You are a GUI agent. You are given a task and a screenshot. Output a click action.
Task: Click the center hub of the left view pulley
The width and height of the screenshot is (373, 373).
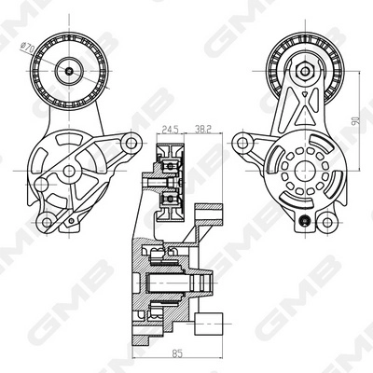click(71, 68)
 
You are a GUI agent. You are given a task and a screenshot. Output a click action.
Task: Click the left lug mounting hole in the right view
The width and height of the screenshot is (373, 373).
click(244, 143)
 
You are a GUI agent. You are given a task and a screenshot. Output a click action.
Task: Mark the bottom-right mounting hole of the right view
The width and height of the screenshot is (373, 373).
click(326, 221)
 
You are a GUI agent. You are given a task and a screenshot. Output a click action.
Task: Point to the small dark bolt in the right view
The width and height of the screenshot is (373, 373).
click(301, 220)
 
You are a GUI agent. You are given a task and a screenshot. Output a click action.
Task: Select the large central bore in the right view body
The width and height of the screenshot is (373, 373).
click(301, 172)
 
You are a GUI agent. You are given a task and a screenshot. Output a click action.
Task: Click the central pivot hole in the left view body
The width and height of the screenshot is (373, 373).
click(69, 172)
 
